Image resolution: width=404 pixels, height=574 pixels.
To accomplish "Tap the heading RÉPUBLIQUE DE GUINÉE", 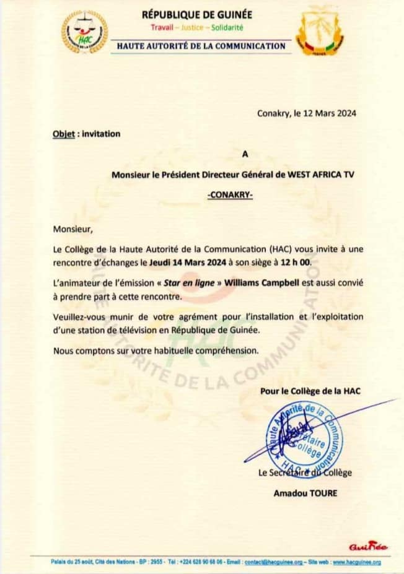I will pyautogui.click(x=198, y=15).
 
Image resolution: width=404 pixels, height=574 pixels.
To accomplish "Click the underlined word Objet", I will pyautogui.click(x=64, y=134).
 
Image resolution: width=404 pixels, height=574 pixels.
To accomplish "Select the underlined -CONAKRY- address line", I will pyautogui.click(x=230, y=195).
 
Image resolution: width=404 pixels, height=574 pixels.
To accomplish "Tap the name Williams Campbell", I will pyautogui.click(x=257, y=283).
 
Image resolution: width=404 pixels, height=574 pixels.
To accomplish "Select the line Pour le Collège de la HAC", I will pyautogui.click(x=310, y=391).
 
